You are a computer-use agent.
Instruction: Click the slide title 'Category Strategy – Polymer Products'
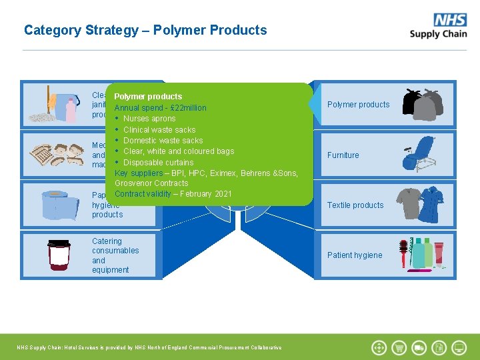point(145,30)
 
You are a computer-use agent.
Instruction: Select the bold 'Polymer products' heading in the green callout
point(148,97)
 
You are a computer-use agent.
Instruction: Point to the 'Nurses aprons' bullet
point(149,119)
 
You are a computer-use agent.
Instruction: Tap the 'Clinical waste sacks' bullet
point(159,130)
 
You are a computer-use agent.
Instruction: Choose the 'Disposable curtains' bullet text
point(158,163)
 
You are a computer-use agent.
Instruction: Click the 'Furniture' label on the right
point(343,155)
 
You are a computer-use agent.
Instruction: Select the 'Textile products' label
point(355,205)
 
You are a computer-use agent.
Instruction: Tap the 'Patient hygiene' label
point(355,255)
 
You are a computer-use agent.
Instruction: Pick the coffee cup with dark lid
point(59,255)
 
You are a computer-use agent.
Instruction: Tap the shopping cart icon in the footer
point(399,347)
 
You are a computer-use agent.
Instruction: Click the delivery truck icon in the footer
point(419,347)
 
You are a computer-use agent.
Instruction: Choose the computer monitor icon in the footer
point(459,347)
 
